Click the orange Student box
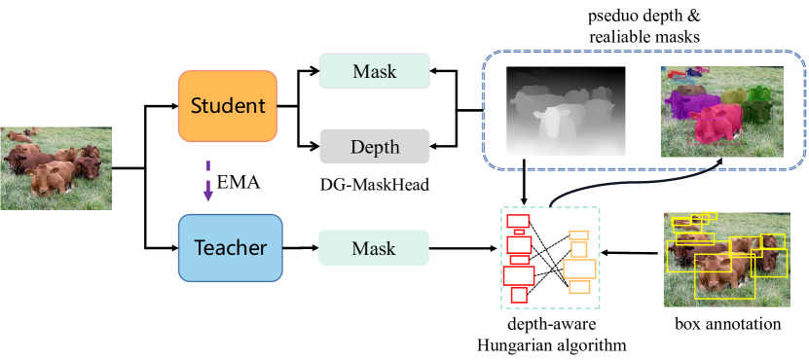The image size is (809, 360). coord(228,106)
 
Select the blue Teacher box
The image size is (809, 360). coord(230,248)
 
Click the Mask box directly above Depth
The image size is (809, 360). coord(374,71)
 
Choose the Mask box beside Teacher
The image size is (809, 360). coord(374,248)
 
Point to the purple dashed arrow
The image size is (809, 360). coord(208,180)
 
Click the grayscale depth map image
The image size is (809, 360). coord(566,110)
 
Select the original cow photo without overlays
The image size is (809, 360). coord(56,168)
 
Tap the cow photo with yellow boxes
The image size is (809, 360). coord(725,259)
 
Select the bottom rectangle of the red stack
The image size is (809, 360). coord(519,294)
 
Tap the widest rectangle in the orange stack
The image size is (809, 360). coord(579,269)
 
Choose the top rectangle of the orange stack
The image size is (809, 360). coord(579,235)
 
